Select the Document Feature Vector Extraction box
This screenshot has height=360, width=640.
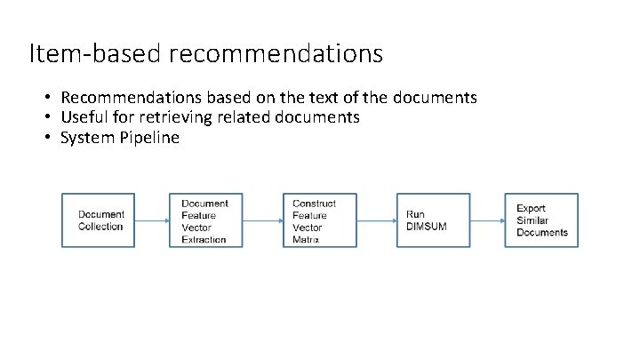(206, 220)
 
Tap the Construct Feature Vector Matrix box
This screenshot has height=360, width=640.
(320, 220)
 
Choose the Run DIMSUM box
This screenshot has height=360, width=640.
(433, 220)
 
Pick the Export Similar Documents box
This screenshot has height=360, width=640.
(541, 220)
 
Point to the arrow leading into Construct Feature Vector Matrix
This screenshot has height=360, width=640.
(262, 220)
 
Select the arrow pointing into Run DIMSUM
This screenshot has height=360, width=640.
(376, 220)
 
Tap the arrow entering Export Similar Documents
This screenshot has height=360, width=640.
(487, 220)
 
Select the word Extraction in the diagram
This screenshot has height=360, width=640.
(204, 240)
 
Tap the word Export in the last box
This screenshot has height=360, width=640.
(532, 209)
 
